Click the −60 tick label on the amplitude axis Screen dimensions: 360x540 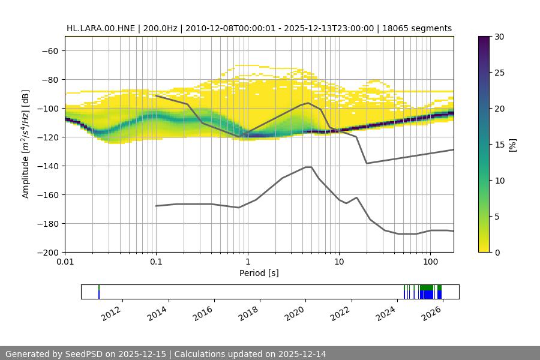coord(49,50)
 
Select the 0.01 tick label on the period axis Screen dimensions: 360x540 coord(65,262)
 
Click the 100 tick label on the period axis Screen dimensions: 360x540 coord(430,262)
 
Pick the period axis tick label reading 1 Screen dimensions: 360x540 coord(247,262)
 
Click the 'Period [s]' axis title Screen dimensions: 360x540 coord(259,273)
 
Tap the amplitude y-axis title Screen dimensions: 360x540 coord(26,144)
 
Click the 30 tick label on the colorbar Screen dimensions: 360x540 coord(500,37)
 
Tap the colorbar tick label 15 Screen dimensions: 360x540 coord(500,145)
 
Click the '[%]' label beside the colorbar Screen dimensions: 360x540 coord(512,145)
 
